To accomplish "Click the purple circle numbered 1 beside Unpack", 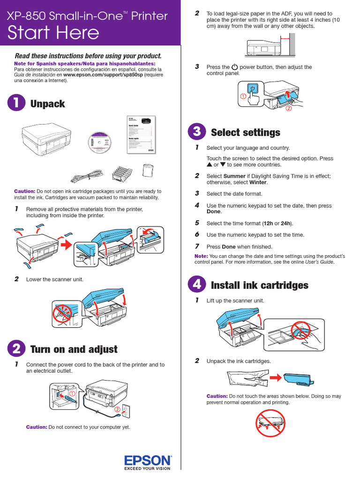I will pyautogui.click(x=16, y=104).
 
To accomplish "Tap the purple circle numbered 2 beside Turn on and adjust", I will pyautogui.click(x=16, y=349).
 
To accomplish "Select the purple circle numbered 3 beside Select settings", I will pyautogui.click(x=197, y=132).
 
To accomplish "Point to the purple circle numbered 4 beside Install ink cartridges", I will pyautogui.click(x=197, y=285).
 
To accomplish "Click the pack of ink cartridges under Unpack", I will pyautogui.click(x=122, y=173).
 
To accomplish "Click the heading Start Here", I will pyautogui.click(x=53, y=33).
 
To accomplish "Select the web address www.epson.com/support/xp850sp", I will pyautogui.click(x=103, y=75).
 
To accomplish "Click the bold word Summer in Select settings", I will pyautogui.click(x=234, y=176).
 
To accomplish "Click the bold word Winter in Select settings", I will pyautogui.click(x=258, y=182).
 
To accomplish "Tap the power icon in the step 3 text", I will pyautogui.click(x=235, y=67).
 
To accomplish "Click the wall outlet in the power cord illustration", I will pyautogui.click(x=125, y=411).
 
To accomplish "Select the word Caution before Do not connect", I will pyautogui.click(x=37, y=427).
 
